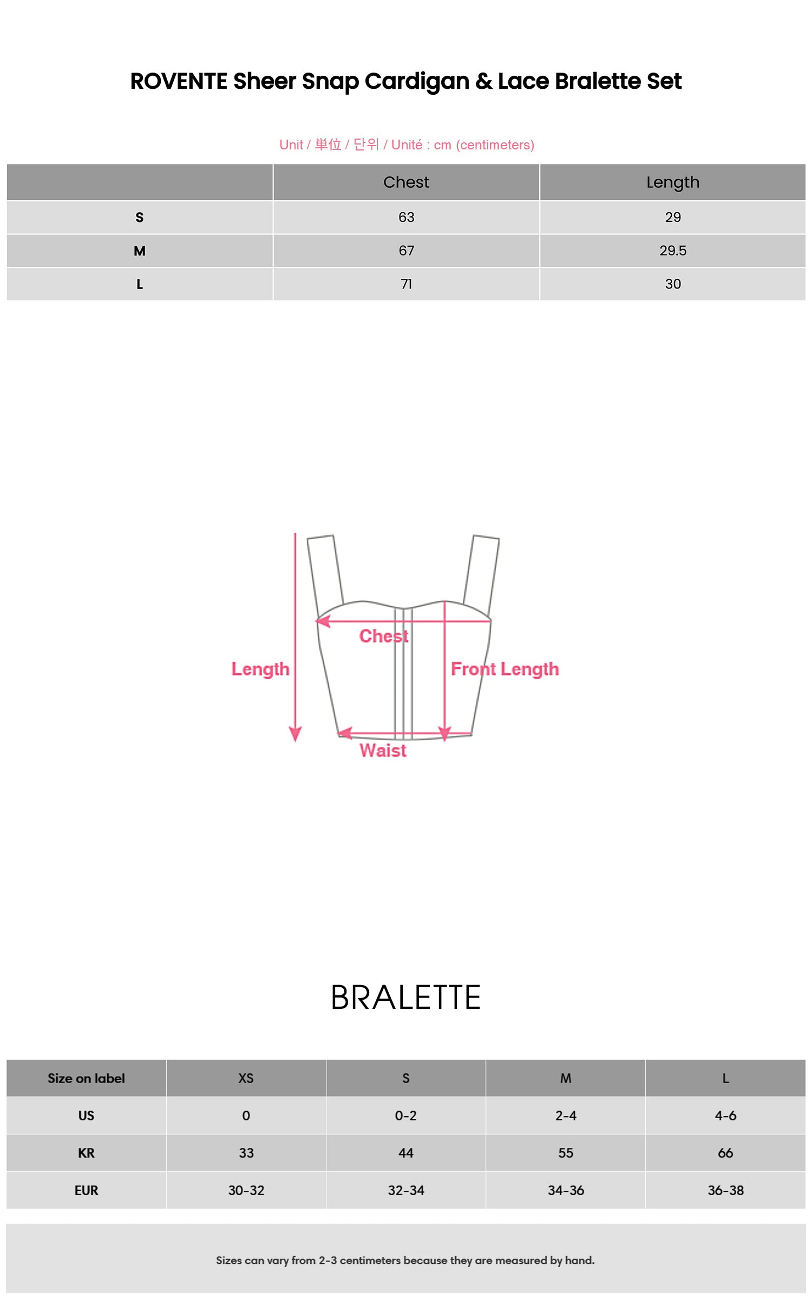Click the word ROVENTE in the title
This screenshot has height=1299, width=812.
(179, 81)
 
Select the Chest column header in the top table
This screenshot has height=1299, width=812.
(406, 182)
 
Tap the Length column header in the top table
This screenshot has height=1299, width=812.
(673, 183)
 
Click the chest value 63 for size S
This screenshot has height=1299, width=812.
(406, 218)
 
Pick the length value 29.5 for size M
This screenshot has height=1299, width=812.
(673, 251)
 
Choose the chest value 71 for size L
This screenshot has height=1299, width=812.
(406, 284)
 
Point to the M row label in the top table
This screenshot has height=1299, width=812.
(140, 251)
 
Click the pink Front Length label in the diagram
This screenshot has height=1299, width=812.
(505, 670)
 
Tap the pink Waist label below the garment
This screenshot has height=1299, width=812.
(383, 751)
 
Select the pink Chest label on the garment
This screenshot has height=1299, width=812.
(384, 636)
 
